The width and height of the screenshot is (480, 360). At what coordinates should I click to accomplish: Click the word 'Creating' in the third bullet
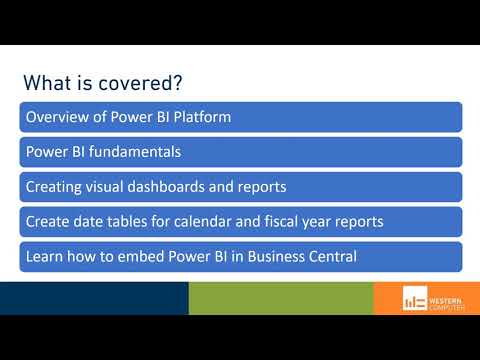[x=52, y=187]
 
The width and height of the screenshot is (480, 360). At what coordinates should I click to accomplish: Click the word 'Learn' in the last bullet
[x=44, y=257]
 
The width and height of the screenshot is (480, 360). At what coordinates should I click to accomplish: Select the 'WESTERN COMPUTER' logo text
[x=447, y=299]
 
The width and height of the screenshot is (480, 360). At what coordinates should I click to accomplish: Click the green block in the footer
[x=280, y=298]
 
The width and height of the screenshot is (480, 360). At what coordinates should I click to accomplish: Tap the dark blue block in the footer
[x=94, y=298]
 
